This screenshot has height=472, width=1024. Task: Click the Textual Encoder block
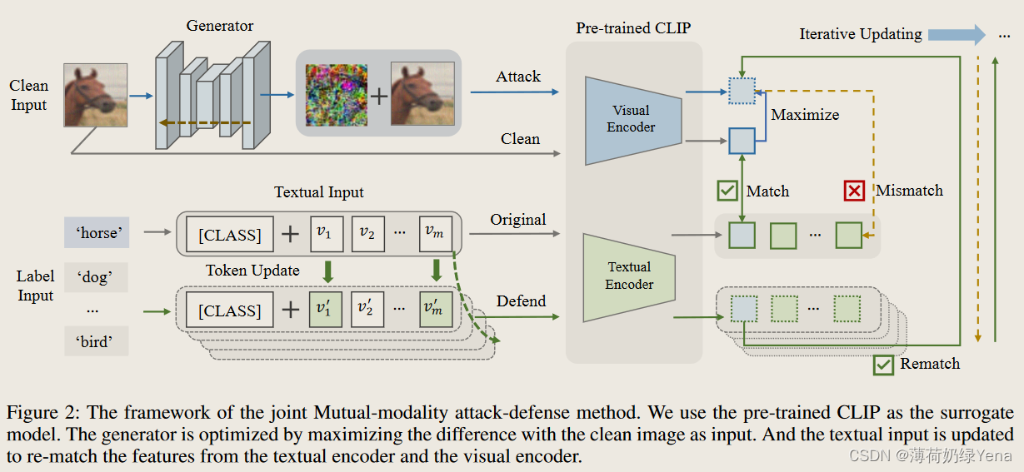point(630,276)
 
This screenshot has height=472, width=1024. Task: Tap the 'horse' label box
point(97,233)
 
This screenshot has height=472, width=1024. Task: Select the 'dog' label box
point(97,277)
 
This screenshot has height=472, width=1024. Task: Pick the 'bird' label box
point(97,341)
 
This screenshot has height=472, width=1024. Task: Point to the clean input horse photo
point(96,95)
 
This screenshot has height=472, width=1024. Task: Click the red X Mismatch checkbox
point(854,191)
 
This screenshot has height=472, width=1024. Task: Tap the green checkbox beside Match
point(727,191)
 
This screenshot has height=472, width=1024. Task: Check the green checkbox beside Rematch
point(882,364)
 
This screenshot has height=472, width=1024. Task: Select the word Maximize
point(805,115)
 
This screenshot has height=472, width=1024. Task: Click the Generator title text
point(219,25)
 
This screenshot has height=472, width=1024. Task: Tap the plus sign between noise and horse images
point(379,95)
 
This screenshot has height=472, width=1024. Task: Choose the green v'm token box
point(434,310)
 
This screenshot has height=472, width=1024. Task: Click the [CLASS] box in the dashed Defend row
point(229,311)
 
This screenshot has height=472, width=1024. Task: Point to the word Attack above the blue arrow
point(518,77)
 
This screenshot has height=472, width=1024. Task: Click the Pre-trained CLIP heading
point(633,28)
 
